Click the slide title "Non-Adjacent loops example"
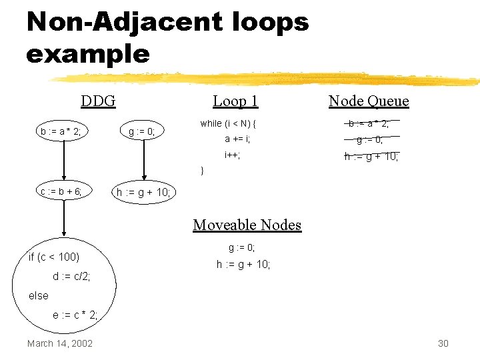pyautogui.click(x=167, y=37)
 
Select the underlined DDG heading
pyautogui.click(x=98, y=101)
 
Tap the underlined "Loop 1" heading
pyautogui.click(x=235, y=101)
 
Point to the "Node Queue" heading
pyautogui.click(x=369, y=101)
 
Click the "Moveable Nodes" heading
pyautogui.click(x=247, y=225)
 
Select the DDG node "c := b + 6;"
pyautogui.click(x=61, y=192)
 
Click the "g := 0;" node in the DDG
pyautogui.click(x=142, y=131)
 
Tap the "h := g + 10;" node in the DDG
pyautogui.click(x=143, y=193)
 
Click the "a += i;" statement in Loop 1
pyautogui.click(x=237, y=139)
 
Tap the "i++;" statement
pyautogui.click(x=232, y=155)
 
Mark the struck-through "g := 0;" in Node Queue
pyautogui.click(x=369, y=140)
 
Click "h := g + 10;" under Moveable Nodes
pyautogui.click(x=243, y=265)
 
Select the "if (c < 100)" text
pyautogui.click(x=54, y=257)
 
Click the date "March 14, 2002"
pyautogui.click(x=60, y=343)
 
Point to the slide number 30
pyautogui.click(x=443, y=343)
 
